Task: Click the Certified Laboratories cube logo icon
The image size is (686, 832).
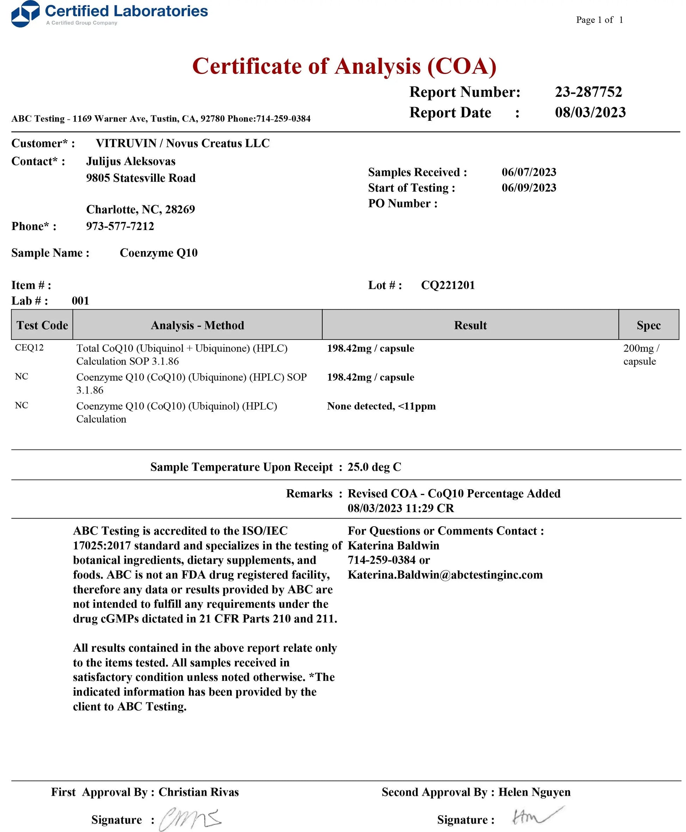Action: (x=25, y=14)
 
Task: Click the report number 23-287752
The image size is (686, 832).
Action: (x=588, y=92)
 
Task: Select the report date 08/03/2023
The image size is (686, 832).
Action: (x=590, y=112)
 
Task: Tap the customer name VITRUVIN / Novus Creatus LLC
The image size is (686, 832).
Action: (x=183, y=143)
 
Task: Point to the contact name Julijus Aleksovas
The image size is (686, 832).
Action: (x=131, y=161)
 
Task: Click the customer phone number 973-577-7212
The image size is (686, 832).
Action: (x=120, y=226)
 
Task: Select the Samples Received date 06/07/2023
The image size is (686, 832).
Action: (x=529, y=172)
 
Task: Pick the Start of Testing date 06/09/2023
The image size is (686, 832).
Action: (x=529, y=188)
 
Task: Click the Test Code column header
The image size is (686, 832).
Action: (x=42, y=325)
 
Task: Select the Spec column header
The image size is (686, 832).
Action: (x=649, y=325)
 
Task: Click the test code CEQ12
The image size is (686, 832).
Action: (x=29, y=348)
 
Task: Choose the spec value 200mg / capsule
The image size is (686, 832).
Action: (x=641, y=355)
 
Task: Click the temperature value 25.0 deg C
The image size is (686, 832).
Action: (x=374, y=467)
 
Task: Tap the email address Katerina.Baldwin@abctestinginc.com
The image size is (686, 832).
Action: (x=445, y=575)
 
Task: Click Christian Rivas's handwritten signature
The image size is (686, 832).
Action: (x=190, y=819)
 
